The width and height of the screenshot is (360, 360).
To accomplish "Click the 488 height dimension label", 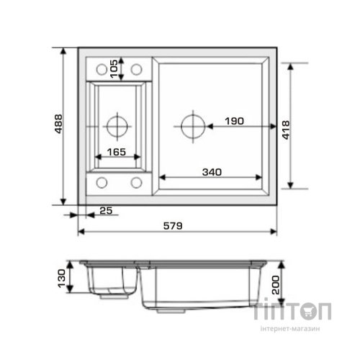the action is click(x=58, y=124).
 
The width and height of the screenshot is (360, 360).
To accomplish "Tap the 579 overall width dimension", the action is click(x=173, y=226).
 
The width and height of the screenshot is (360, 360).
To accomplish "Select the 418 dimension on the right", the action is click(x=286, y=130).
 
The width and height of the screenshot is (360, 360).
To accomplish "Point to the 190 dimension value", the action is click(x=234, y=121).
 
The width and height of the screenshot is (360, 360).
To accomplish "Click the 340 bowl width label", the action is click(x=212, y=172).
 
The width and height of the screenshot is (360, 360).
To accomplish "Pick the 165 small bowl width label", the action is click(x=117, y=152).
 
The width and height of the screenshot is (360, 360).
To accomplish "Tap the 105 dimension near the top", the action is click(x=114, y=69).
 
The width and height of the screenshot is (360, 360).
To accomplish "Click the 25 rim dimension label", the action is click(x=106, y=211).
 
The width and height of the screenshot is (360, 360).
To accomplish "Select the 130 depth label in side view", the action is click(x=61, y=279).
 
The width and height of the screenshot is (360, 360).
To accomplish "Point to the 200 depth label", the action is click(x=276, y=285).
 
